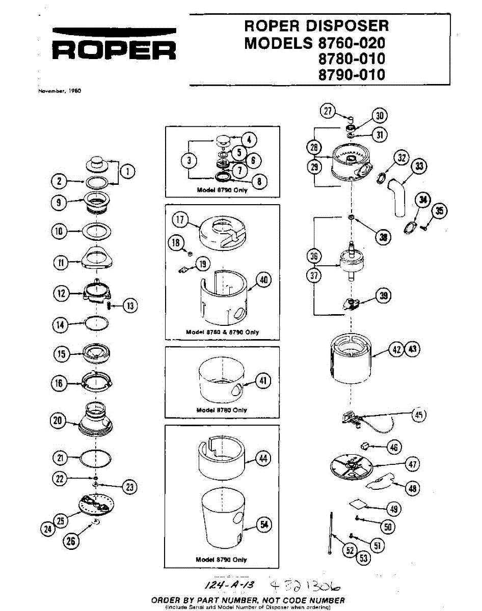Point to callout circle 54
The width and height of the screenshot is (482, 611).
click(x=263, y=525)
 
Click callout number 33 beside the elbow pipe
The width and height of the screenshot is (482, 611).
click(x=419, y=166)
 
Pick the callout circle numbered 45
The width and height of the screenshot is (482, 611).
click(x=418, y=415)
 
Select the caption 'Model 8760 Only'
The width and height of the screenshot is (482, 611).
click(x=222, y=410)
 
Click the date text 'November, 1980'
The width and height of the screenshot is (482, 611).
click(x=60, y=91)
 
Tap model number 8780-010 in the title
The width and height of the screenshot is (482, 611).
click(x=351, y=58)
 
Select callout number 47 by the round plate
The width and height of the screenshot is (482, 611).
click(x=412, y=464)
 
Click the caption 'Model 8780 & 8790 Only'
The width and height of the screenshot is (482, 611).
click(x=222, y=332)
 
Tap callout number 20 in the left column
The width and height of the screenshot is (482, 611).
click(x=58, y=420)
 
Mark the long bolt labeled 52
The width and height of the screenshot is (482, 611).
click(x=331, y=533)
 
